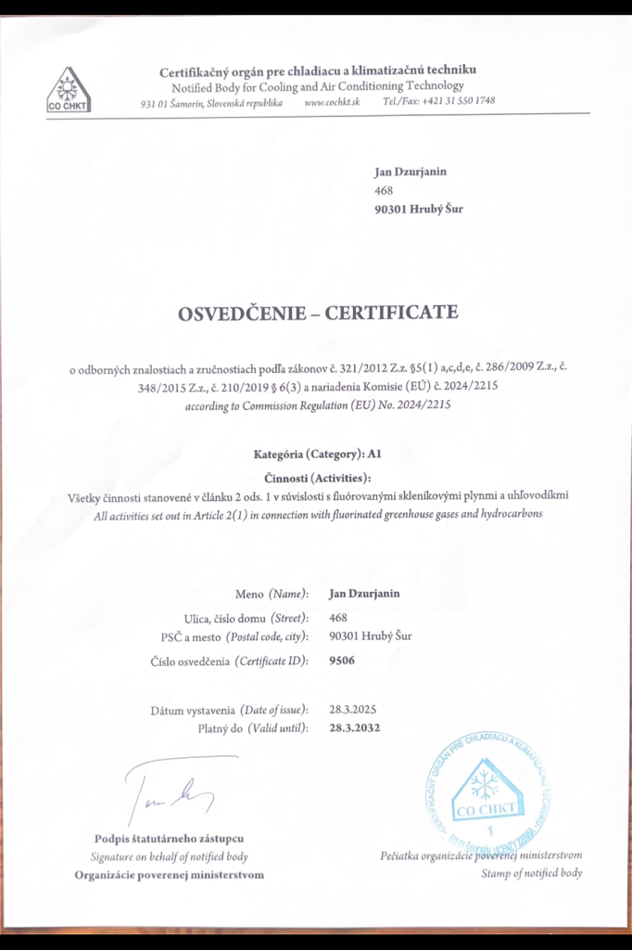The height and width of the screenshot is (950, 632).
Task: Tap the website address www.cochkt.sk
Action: coord(331,102)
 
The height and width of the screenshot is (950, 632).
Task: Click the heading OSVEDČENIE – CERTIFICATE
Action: coord(318,313)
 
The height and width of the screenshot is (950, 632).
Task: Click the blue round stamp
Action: coord(481,791)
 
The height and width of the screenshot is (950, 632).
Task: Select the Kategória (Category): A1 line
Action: coord(318,455)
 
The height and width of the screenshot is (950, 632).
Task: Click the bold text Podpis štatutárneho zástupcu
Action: coord(169,839)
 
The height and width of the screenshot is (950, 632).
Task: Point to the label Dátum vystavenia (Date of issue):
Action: coord(229,711)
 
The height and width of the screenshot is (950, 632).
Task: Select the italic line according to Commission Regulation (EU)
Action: coord(317,406)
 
